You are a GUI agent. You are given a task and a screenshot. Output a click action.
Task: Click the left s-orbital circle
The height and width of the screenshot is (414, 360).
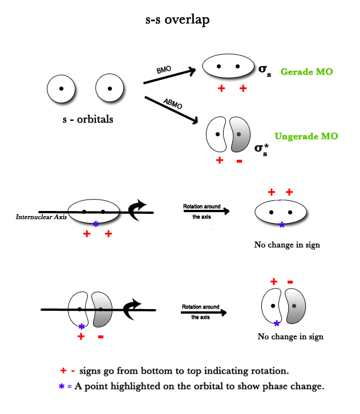(x=62, y=89)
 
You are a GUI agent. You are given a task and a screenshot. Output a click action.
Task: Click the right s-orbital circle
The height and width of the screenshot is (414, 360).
(x=110, y=89)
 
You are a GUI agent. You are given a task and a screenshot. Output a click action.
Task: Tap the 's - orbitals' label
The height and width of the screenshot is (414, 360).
(x=87, y=119)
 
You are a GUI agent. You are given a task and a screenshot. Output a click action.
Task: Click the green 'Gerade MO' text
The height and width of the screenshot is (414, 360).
(x=307, y=72)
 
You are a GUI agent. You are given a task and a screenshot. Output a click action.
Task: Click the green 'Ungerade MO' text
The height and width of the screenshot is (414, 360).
(x=306, y=136)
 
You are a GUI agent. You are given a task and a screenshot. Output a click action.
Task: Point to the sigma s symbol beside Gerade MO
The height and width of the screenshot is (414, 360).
(x=265, y=71)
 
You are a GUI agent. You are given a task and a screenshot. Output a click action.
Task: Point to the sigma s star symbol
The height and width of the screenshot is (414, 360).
(x=261, y=150)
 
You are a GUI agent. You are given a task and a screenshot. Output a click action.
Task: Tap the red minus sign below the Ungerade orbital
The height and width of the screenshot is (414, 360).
(x=238, y=161)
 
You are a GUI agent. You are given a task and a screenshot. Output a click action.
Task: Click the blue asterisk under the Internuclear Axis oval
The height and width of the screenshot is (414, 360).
(x=96, y=224)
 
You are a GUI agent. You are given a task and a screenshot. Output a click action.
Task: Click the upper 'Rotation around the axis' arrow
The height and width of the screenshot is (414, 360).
(x=206, y=211)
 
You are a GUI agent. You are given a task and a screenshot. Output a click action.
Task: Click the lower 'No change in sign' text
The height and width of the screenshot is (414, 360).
(x=290, y=336)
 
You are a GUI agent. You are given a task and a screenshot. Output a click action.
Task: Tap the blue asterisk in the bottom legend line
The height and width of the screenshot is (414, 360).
(x=62, y=386)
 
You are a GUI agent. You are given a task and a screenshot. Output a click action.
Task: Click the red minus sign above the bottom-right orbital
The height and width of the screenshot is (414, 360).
(x=290, y=282)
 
